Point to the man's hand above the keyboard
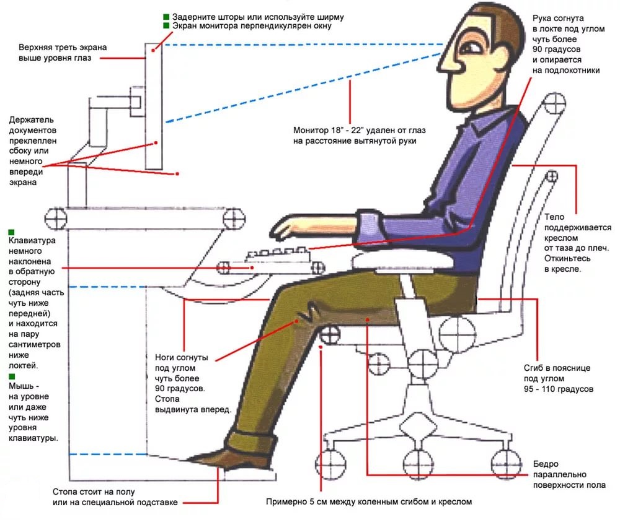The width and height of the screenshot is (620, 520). (x=288, y=227)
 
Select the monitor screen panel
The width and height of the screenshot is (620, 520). (x=154, y=105)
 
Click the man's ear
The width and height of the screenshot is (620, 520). (x=501, y=49)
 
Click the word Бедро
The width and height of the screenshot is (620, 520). (x=546, y=464)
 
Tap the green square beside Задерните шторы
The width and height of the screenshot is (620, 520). (x=166, y=16)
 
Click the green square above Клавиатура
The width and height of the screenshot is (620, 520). (x=12, y=232)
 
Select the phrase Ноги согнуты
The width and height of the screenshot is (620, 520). (x=182, y=358)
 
